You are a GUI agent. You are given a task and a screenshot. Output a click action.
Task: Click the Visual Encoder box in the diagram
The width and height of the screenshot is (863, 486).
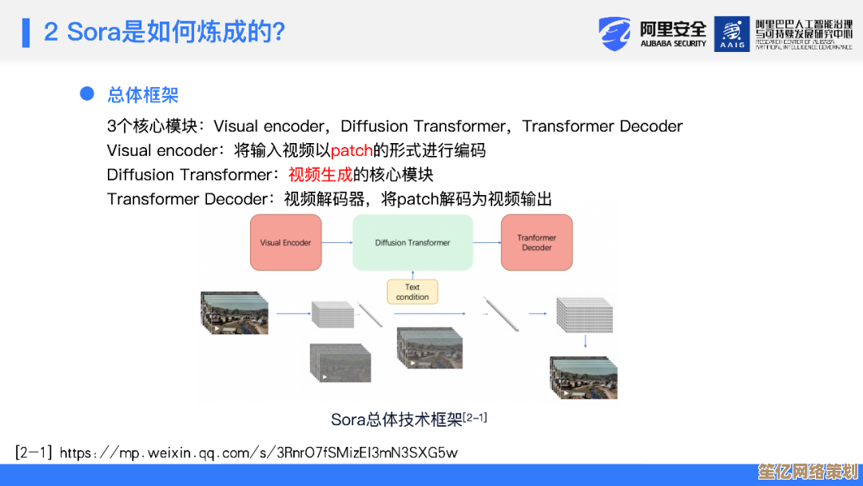tap(285, 242)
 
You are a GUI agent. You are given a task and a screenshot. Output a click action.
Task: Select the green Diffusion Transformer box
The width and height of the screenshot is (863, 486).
tap(413, 242)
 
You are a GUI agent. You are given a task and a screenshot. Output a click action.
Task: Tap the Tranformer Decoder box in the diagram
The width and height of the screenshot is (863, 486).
tap(537, 242)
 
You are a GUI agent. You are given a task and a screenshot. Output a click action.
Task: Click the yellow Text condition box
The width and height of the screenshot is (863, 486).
tap(412, 292)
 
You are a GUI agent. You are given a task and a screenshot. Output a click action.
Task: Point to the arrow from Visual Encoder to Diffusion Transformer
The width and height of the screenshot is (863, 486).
tap(337, 242)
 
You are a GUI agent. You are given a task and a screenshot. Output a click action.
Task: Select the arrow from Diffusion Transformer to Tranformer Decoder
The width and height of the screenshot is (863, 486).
tap(487, 242)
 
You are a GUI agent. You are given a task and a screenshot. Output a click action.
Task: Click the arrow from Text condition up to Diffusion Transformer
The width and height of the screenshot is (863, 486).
tap(413, 275)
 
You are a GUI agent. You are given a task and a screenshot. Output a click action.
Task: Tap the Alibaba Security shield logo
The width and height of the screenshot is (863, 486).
tap(614, 34)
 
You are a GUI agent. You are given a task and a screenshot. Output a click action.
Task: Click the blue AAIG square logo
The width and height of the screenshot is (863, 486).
tap(732, 34)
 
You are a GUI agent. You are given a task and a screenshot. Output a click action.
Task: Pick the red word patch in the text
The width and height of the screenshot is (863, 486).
tap(352, 150)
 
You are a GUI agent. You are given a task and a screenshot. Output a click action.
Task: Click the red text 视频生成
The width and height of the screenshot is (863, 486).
tap(320, 174)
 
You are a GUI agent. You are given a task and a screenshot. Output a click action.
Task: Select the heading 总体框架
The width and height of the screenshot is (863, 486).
tap(143, 94)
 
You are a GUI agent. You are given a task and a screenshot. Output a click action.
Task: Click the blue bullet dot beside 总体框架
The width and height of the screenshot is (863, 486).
tap(87, 94)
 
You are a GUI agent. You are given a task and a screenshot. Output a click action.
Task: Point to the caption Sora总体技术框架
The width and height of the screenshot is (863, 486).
tap(396, 420)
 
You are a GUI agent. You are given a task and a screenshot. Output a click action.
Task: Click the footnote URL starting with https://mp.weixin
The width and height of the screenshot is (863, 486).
tap(259, 453)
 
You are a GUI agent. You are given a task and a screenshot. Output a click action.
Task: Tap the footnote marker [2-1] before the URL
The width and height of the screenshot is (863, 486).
tap(34, 453)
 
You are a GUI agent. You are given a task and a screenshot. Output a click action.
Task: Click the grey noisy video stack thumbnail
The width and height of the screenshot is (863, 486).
tap(340, 363)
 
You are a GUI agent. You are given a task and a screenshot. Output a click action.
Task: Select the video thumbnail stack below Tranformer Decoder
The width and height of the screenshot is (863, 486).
tap(583, 377)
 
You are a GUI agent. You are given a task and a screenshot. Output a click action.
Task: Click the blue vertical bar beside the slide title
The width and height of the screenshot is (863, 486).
tap(26, 33)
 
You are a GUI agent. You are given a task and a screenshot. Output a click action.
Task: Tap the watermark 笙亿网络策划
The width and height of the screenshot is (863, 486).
tap(808, 472)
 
